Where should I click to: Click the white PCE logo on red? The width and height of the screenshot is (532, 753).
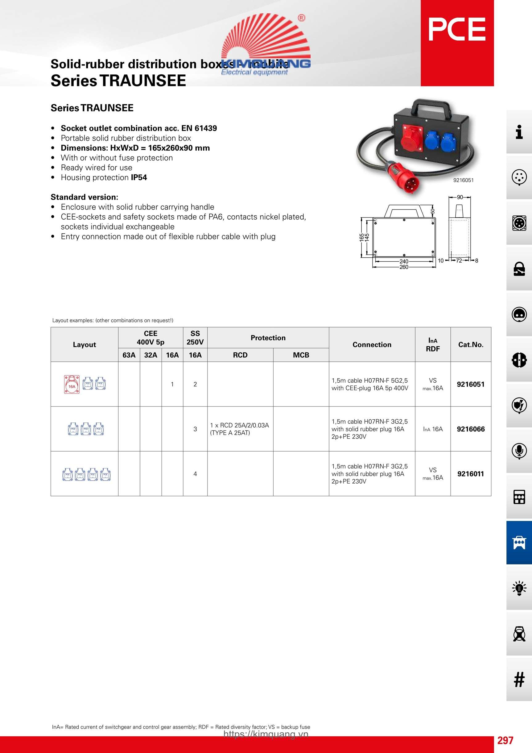tap(457, 30)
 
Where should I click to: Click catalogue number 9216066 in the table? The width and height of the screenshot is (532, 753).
tap(470, 429)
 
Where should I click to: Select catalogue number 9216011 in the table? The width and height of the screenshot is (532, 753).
tap(470, 474)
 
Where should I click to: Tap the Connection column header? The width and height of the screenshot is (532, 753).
tap(372, 344)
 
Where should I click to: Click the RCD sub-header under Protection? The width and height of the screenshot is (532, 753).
tap(240, 355)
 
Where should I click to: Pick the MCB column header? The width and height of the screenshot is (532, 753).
tap(301, 355)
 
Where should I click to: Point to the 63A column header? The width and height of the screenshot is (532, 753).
tap(129, 355)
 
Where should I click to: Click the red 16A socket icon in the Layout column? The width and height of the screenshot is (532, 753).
tap(72, 384)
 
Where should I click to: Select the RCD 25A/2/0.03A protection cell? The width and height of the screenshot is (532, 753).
tap(240, 429)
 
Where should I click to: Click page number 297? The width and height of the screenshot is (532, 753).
tap(505, 740)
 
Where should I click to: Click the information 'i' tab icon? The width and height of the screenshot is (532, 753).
tap(519, 132)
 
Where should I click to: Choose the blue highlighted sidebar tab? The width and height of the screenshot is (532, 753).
tap(519, 543)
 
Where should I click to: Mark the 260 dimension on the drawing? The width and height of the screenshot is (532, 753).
tap(404, 267)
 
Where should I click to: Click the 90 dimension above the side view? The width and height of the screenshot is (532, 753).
tap(460, 197)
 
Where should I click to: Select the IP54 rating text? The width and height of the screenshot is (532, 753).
tap(139, 177)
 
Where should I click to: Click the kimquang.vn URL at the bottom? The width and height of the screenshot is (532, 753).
tap(266, 734)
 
